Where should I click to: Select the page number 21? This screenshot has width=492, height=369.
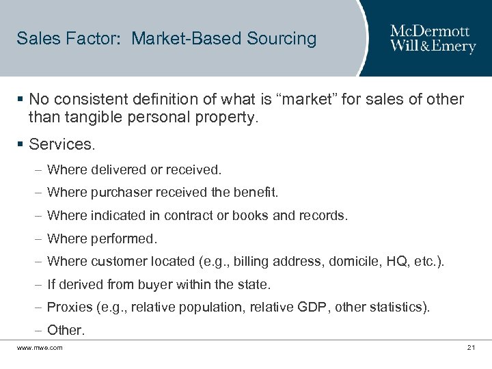click(x=471, y=348)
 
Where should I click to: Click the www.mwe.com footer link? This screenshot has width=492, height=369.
click(x=40, y=348)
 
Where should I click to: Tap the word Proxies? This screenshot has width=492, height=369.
click(x=68, y=307)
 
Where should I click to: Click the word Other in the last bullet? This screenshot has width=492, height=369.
click(x=66, y=331)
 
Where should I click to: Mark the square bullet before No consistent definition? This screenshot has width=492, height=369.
click(x=21, y=100)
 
